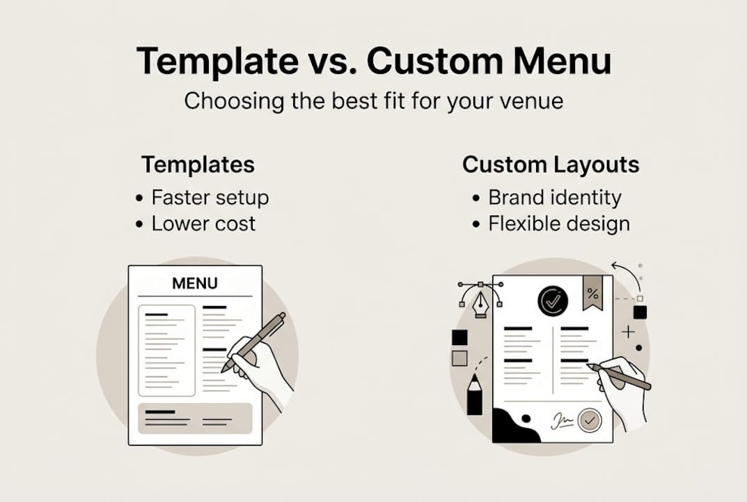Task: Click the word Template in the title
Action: point(215,62)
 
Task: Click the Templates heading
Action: point(198,165)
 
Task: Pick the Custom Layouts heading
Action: point(550,165)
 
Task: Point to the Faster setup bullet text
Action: point(210,198)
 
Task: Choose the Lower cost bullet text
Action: point(203,224)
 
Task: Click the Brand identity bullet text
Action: point(554,198)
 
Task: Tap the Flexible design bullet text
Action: point(559,224)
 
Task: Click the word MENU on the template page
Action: point(194,284)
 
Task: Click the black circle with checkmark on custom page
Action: point(553,301)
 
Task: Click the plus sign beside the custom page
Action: point(628,332)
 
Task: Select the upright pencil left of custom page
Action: point(474,394)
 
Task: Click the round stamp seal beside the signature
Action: point(590,420)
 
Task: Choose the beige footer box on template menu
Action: point(195,419)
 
